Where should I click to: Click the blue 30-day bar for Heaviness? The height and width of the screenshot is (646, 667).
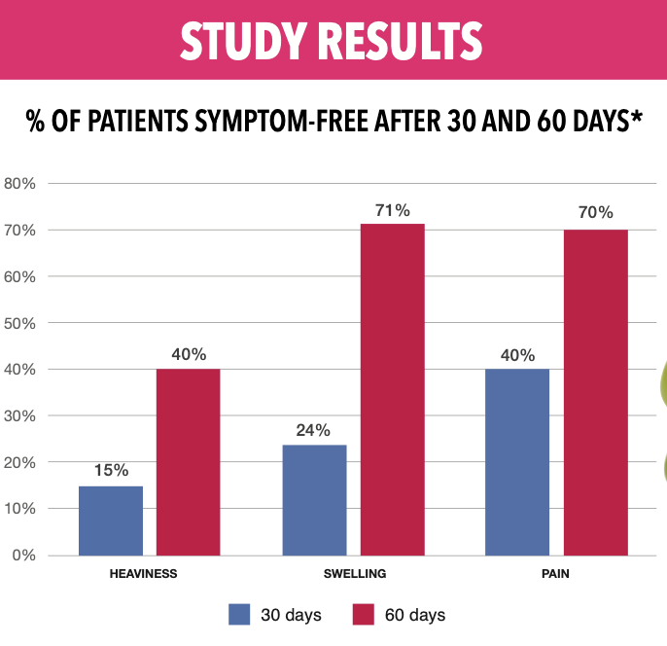tap(111, 520)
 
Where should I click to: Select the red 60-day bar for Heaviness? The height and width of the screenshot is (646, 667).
tap(189, 462)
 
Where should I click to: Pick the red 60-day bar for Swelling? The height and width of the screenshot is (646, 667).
tap(393, 389)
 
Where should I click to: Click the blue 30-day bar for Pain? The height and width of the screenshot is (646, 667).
tap(517, 462)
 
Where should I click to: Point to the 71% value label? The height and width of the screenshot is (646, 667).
tap(393, 210)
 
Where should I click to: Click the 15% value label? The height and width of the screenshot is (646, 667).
tap(111, 471)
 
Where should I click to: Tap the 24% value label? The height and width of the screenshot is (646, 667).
tap(314, 430)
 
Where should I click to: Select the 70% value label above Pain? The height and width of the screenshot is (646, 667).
tap(595, 213)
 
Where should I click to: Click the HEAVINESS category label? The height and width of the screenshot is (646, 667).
tap(144, 574)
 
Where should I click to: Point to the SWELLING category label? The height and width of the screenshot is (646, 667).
tap(355, 574)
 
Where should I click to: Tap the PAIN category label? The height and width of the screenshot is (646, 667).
tap(555, 574)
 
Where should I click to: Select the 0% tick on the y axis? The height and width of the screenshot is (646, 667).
tap(23, 556)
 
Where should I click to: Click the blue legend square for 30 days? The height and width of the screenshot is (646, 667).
tap(240, 615)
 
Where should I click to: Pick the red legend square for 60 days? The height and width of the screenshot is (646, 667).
tap(364, 615)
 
